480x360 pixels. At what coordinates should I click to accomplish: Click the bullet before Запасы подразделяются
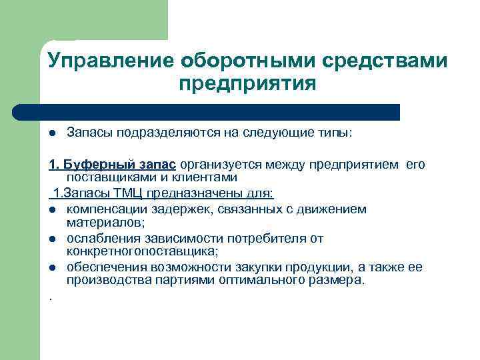[x=52, y=133]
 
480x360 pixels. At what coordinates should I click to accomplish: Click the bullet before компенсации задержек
[x=52, y=210]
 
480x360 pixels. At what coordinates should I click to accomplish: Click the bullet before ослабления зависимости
[x=52, y=239]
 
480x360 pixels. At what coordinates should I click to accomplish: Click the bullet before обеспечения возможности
[x=52, y=267]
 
